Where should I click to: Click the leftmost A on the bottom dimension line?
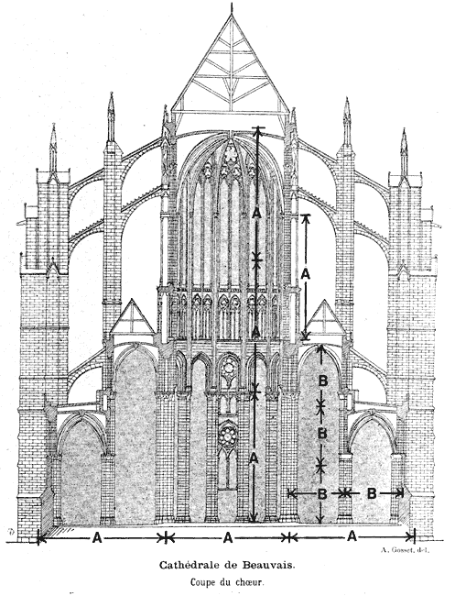(x=97, y=538)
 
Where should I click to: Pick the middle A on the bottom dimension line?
(x=227, y=538)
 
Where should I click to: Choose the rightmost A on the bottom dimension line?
(x=352, y=536)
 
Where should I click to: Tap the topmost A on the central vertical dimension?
(x=256, y=214)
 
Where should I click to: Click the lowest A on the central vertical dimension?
(x=254, y=458)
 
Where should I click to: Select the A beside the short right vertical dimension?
(x=306, y=273)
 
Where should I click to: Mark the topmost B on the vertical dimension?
(x=322, y=381)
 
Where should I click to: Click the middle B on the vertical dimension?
(x=322, y=433)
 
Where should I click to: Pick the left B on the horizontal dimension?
(x=322, y=494)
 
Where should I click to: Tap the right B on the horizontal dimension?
(x=372, y=493)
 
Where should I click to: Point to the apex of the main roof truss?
(x=231, y=14)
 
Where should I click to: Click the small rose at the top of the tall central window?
(x=231, y=155)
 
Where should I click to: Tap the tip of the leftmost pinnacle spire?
(x=53, y=124)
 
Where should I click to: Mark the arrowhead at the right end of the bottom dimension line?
(x=410, y=537)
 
